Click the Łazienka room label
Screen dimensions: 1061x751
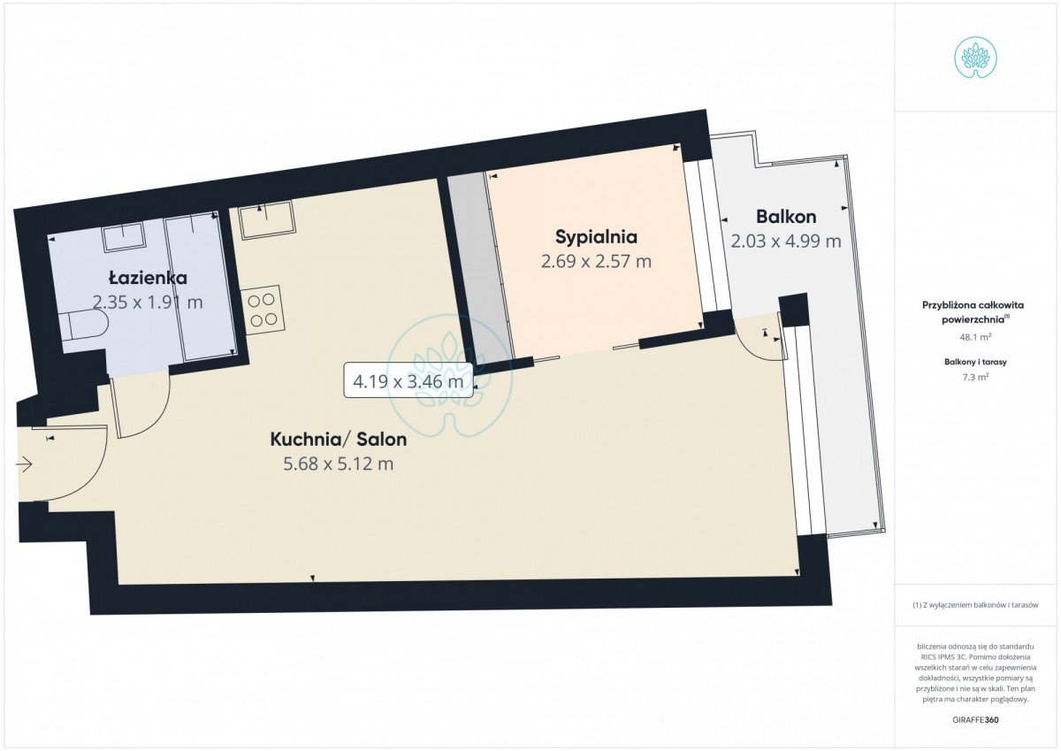[148, 277]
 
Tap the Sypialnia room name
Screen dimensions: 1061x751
[596, 237]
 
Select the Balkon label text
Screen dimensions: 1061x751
[786, 217]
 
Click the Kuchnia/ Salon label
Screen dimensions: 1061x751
[338, 440]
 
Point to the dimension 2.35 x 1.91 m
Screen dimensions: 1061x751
[148, 302]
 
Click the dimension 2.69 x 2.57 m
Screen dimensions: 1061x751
[596, 261]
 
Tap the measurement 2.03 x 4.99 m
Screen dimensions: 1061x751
[786, 241]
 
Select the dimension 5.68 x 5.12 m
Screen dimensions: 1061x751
[338, 464]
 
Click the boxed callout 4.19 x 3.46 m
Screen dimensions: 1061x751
[408, 379]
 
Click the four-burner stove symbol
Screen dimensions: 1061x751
[263, 310]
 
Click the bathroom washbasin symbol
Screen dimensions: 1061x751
[124, 235]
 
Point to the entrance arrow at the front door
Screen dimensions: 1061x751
[24, 464]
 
